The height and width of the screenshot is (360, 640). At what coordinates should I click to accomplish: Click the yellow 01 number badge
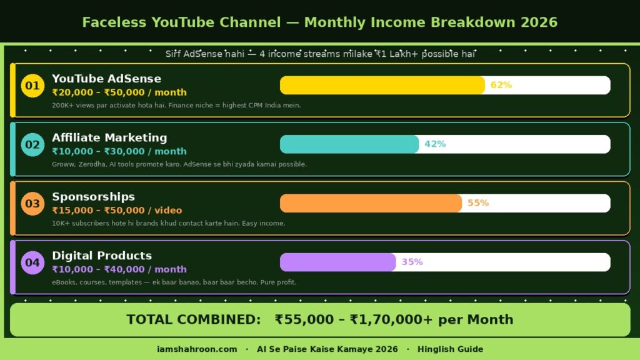click(x=32, y=86)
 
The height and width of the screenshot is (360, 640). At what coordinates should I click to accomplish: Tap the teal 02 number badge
click(x=32, y=145)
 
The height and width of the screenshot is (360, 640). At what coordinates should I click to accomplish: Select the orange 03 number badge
click(x=32, y=204)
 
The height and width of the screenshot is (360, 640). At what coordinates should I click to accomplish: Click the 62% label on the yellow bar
click(x=501, y=85)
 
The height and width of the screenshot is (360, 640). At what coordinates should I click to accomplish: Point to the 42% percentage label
click(x=435, y=144)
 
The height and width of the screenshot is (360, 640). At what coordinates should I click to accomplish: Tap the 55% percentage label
click(x=478, y=203)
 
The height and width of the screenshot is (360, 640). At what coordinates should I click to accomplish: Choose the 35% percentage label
click(x=412, y=262)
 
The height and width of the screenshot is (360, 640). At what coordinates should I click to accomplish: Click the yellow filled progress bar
click(x=382, y=85)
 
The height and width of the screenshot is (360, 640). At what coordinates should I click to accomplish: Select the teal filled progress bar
click(x=349, y=144)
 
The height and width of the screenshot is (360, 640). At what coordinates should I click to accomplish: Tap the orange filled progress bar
click(x=371, y=203)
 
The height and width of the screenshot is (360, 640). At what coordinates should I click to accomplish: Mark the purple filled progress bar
click(x=337, y=262)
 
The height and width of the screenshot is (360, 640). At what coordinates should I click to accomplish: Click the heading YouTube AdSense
click(x=106, y=79)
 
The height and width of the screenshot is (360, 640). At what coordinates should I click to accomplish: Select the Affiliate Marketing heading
click(x=109, y=137)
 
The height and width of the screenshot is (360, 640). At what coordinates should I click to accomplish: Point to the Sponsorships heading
click(x=93, y=197)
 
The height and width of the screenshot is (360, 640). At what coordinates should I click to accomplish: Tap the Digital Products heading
click(x=102, y=256)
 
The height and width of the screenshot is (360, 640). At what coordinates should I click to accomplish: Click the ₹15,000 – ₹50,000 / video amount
click(x=117, y=211)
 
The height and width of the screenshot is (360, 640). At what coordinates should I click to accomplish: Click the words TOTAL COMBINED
click(x=194, y=319)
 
